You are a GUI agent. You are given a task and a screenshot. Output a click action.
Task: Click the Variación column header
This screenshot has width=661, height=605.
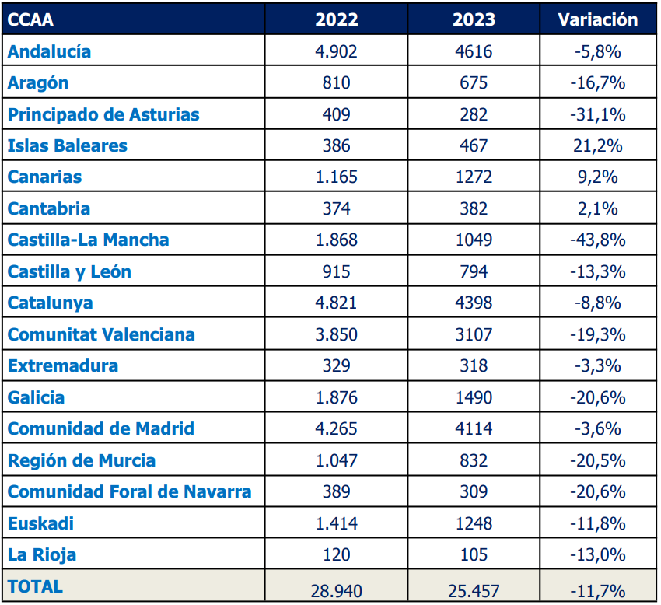pyautogui.click(x=597, y=20)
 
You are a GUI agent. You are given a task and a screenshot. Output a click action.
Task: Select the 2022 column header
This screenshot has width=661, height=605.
pyautogui.click(x=336, y=20)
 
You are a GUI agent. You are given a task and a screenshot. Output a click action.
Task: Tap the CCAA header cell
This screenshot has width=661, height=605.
pyautogui.click(x=31, y=20)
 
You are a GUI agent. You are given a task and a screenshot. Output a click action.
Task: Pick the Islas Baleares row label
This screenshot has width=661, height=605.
pyautogui.click(x=68, y=146)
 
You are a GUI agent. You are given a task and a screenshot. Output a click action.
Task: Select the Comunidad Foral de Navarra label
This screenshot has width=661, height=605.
pyautogui.click(x=129, y=492)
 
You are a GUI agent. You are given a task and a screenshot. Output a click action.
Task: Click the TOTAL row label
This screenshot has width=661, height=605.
pyautogui.click(x=35, y=586)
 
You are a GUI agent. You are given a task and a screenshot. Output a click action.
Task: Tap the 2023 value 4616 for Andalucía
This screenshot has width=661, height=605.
pyautogui.click(x=473, y=52)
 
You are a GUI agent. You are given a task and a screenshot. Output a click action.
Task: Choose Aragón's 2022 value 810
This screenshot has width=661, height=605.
pyautogui.click(x=336, y=83)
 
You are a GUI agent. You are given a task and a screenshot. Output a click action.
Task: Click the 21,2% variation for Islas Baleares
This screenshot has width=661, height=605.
pyautogui.click(x=597, y=146)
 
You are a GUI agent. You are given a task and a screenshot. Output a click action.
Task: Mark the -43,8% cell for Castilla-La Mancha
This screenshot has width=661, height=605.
pyautogui.click(x=597, y=240)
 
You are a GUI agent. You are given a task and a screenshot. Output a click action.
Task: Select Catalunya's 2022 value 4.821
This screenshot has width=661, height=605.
pyautogui.click(x=336, y=303)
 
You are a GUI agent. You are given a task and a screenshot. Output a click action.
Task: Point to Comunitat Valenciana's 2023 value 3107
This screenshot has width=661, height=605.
pyautogui.click(x=473, y=335)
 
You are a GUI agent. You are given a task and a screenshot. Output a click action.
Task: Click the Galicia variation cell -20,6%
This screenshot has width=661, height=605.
pyautogui.click(x=597, y=398)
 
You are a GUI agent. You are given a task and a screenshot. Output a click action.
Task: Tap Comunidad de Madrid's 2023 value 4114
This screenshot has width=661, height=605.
pyautogui.click(x=473, y=429)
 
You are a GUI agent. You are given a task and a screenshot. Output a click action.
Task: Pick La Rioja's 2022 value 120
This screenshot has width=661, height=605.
pyautogui.click(x=336, y=555)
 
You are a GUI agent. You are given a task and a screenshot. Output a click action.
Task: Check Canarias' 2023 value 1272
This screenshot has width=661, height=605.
pyautogui.click(x=473, y=177)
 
